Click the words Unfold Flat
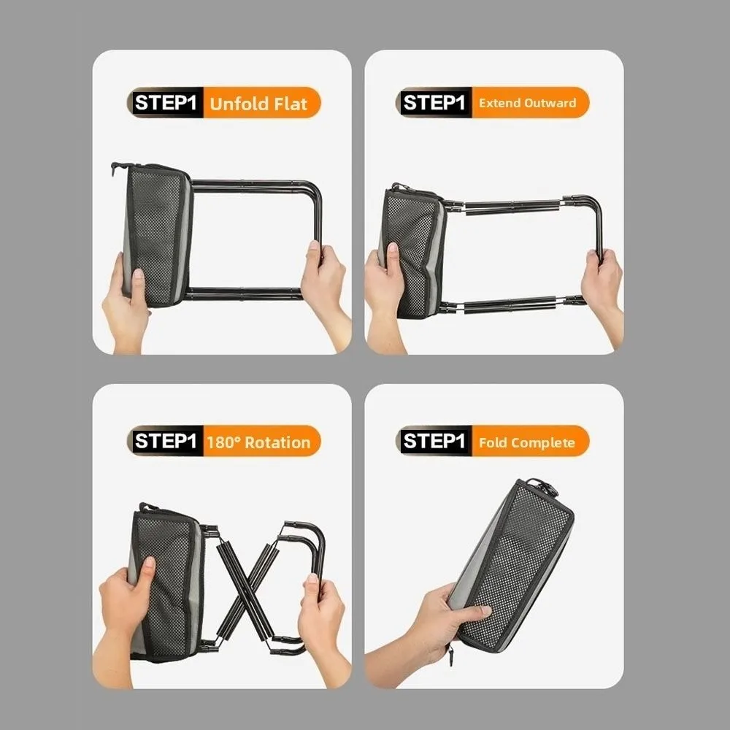pyautogui.click(x=258, y=104)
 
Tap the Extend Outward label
pyautogui.click(x=527, y=103)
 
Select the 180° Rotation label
pyautogui.click(x=258, y=442)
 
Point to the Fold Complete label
pyautogui.click(x=526, y=442)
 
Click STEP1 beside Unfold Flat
pyautogui.click(x=165, y=102)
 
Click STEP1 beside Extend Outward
pyautogui.click(x=434, y=102)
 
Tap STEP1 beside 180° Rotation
pyautogui.click(x=165, y=441)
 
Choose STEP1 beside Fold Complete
pyautogui.click(x=434, y=441)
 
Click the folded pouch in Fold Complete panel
pyautogui.click(x=512, y=566)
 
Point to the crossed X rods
pyautogui.click(x=247, y=591)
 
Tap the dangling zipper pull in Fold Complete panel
pyautogui.click(x=450, y=656)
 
